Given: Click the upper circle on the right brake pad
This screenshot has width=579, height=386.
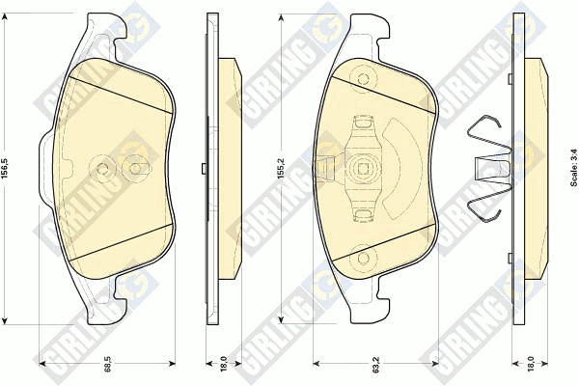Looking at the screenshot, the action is click(364, 79).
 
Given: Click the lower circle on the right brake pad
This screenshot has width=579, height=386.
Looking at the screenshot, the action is click(364, 259).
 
